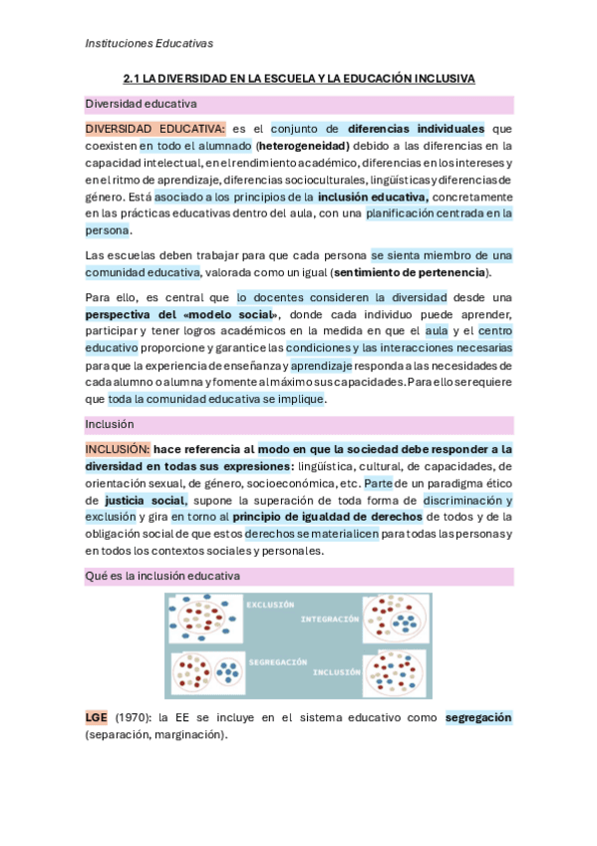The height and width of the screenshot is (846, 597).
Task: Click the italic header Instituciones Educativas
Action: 149,43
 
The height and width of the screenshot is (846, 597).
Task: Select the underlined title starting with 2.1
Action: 299,78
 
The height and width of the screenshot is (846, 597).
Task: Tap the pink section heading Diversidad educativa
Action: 141,104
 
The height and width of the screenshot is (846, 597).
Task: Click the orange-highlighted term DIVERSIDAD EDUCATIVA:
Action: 154,129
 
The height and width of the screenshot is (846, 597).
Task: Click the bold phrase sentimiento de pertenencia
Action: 411,272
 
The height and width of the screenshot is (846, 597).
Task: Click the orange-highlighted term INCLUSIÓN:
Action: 118,450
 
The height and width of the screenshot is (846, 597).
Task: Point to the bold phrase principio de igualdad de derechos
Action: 327,516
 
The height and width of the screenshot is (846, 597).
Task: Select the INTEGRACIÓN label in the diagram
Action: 329,619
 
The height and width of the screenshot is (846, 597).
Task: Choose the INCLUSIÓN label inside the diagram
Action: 336,671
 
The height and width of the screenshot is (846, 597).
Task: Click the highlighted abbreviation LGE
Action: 97,717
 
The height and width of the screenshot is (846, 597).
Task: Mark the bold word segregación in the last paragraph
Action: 478,717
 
